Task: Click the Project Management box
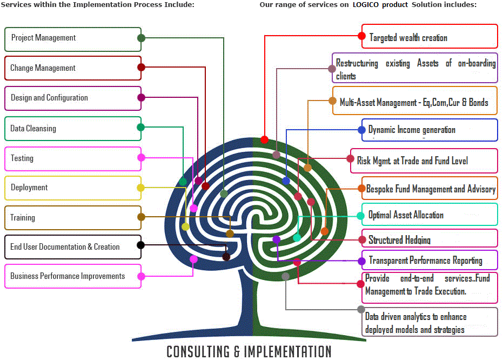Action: tap(73, 39)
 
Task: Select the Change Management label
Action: tap(43, 68)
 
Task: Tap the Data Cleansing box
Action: tap(73, 129)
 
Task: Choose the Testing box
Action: tap(73, 158)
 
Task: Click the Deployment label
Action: tap(29, 188)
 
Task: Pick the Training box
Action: tap(73, 217)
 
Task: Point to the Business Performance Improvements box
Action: tap(73, 276)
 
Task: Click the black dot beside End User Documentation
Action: tap(140, 245)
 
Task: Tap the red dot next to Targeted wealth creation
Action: tap(362, 36)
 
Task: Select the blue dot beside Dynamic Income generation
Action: tap(361, 130)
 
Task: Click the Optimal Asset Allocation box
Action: tap(430, 215)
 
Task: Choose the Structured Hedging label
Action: tap(400, 239)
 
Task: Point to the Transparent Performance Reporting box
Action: tap(430, 261)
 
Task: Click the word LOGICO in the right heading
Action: tap(381, 5)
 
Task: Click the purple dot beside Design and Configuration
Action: tap(141, 98)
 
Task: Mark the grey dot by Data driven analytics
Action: tap(361, 309)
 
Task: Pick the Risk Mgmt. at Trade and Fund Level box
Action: tap(424, 161)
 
